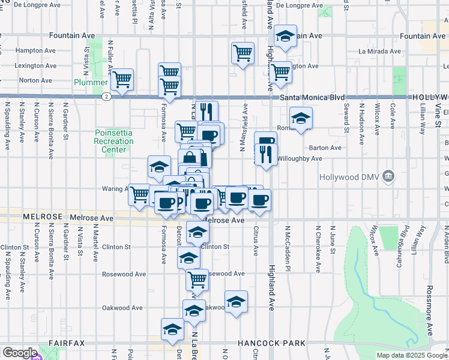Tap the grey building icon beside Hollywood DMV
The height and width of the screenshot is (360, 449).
(388, 176)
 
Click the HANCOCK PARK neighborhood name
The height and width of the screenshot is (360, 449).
(271, 343)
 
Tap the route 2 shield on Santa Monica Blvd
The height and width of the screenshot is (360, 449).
(106, 96)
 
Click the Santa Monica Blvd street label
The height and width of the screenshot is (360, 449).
(313, 97)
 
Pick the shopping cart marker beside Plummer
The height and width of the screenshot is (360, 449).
(122, 79)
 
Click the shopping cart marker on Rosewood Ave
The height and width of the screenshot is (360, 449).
(196, 278)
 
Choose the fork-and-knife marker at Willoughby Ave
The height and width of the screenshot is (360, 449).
(266, 155)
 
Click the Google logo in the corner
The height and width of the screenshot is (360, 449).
(20, 353)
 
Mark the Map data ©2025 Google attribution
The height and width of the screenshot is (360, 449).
(412, 355)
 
